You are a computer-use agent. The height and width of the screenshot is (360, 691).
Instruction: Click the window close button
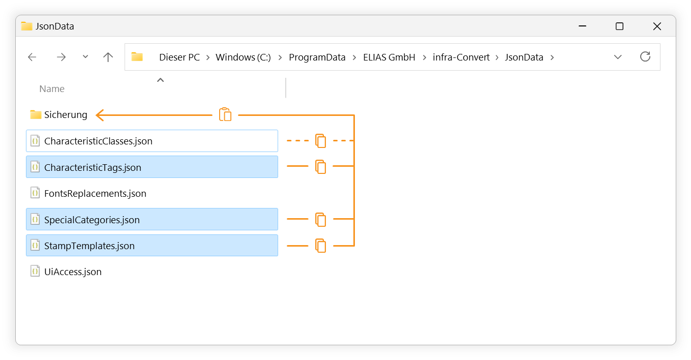coord(657,26)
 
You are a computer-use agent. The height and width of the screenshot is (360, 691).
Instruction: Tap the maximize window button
coord(619,26)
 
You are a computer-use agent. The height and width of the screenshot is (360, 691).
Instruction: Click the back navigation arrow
coord(32,57)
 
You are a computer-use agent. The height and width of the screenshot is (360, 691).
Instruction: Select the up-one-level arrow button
coord(108,57)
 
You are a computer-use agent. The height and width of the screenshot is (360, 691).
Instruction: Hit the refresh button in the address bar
coord(645,57)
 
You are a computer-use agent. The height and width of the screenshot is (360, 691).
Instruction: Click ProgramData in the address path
coord(317,57)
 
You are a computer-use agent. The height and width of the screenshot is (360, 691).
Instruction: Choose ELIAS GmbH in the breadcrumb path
coord(389,57)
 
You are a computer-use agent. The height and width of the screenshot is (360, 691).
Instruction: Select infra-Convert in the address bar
coord(461,57)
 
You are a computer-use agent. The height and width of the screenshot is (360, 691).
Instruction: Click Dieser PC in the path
coord(179,57)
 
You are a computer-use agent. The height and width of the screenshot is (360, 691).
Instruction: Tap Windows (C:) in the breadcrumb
coord(243,57)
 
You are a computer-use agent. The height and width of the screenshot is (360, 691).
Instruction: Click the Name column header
coord(52,89)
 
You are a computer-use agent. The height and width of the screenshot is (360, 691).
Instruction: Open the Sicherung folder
coord(66,115)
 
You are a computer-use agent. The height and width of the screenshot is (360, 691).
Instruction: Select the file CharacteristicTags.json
coord(93,167)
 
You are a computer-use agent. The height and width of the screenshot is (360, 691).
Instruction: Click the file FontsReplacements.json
coord(95,193)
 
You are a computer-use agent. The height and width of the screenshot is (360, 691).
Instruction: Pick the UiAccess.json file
coord(73,272)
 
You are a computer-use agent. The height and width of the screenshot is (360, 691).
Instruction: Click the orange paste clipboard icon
coord(225,114)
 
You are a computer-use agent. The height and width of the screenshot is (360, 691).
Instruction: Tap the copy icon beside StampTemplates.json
coord(321,246)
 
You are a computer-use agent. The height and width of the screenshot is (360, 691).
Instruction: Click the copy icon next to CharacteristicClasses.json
coord(321,141)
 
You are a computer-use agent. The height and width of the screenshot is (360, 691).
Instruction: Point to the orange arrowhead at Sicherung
coord(99,115)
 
